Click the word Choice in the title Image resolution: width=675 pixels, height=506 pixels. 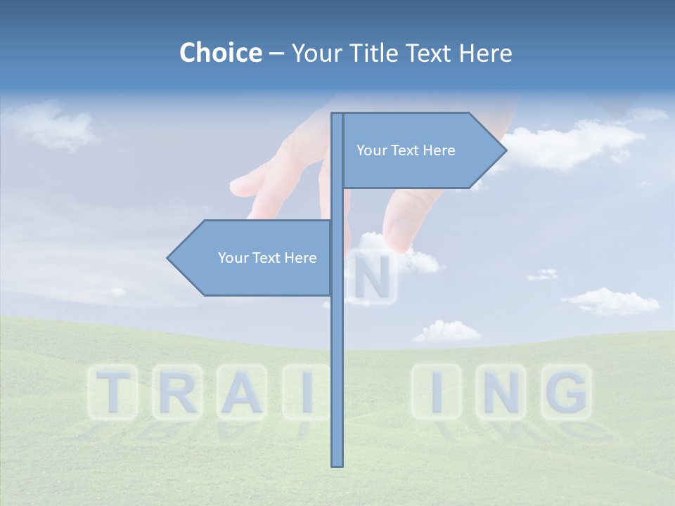tap(220, 53)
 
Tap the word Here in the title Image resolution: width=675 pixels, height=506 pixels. tap(485, 53)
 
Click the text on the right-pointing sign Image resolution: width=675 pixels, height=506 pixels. tap(406, 150)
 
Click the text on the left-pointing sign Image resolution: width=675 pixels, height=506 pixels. tap(267, 258)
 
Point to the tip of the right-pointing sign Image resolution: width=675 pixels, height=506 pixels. tap(506, 150)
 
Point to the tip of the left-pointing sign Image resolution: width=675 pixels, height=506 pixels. tap(168, 258)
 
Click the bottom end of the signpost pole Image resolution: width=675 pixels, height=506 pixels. tap(337, 465)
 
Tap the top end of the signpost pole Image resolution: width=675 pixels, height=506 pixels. tap(337, 115)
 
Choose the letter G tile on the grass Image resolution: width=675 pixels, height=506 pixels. tap(566, 392)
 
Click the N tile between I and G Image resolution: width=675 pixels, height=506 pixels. tap(501, 392)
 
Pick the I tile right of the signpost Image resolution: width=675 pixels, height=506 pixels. tap(437, 392)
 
